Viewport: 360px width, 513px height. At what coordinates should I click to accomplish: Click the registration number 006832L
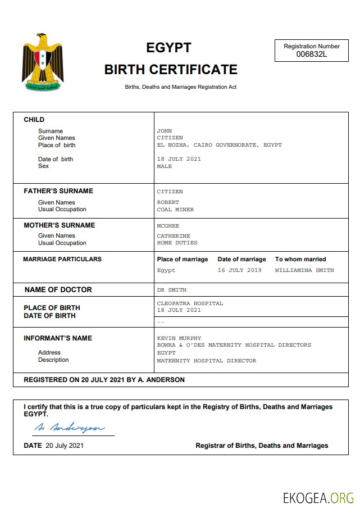pyautogui.click(x=311, y=55)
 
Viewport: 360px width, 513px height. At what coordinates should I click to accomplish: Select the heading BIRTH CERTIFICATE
pyautogui.click(x=171, y=70)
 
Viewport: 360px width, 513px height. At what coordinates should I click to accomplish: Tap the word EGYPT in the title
pyautogui.click(x=168, y=48)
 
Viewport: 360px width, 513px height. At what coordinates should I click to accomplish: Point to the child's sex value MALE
pyautogui.click(x=165, y=166)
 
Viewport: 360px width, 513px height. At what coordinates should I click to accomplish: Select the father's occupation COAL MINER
pyautogui.click(x=175, y=210)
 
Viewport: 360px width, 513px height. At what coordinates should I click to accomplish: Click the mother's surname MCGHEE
pyautogui.click(x=168, y=226)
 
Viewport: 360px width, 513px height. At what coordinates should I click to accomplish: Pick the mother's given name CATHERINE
pyautogui.click(x=174, y=236)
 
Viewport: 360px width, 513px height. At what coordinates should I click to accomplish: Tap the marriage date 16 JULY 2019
pyautogui.click(x=239, y=270)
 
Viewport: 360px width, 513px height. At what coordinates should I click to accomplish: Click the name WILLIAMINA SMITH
pyautogui.click(x=304, y=270)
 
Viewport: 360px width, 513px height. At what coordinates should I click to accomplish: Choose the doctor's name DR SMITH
pyautogui.click(x=171, y=290)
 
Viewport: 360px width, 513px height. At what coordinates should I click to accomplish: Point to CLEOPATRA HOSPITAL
pyautogui.click(x=190, y=303)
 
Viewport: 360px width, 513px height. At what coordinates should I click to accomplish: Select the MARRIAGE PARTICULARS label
pyautogui.click(x=62, y=259)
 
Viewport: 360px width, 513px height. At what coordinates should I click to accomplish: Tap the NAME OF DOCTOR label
pyautogui.click(x=58, y=290)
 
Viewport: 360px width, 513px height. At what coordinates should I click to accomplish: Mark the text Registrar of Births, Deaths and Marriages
pyautogui.click(x=262, y=446)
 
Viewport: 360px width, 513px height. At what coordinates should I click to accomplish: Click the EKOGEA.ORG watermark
pyautogui.click(x=318, y=498)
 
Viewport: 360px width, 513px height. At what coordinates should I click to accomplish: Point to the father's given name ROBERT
pyautogui.click(x=168, y=202)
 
